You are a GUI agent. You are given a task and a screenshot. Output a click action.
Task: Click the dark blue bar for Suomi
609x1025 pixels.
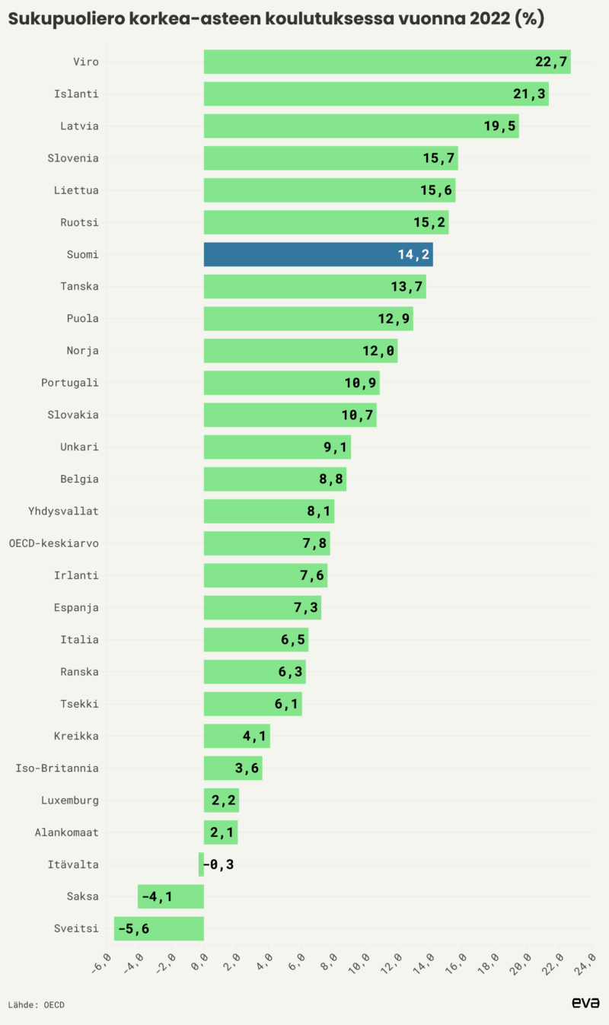[318, 254]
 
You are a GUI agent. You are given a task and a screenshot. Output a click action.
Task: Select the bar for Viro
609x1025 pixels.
[387, 62]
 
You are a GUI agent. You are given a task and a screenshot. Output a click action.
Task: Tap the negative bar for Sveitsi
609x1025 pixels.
[159, 928]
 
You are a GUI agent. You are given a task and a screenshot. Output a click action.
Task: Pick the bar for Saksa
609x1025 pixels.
[171, 896]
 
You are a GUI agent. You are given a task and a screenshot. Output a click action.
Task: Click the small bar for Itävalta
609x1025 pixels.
[201, 864]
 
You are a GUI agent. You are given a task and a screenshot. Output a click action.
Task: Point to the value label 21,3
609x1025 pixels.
[531, 94]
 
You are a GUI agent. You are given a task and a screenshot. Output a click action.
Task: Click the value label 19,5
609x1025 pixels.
[500, 126]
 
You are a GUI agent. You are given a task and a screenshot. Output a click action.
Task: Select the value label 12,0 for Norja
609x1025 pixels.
[379, 351]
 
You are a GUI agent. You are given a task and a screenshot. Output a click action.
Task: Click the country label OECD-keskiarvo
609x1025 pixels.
[54, 543]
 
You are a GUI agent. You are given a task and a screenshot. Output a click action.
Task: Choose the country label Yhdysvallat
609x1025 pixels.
[64, 511]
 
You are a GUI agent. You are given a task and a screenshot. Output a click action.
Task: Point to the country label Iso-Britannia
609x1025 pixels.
[57, 768]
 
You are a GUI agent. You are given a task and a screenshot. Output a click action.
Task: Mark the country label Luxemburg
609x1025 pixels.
[70, 801]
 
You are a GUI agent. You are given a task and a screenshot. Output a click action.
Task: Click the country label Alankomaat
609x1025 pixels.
[67, 832]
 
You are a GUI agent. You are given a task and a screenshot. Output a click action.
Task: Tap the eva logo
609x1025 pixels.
[585, 1003]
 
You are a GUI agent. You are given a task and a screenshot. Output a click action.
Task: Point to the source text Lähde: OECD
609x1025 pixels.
[37, 1004]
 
